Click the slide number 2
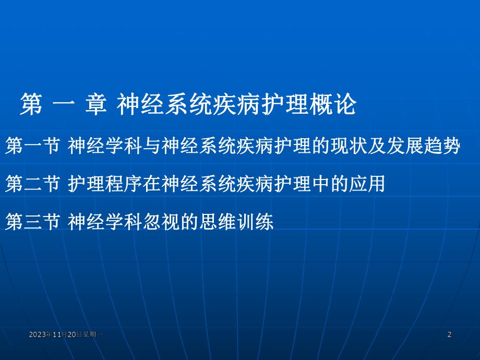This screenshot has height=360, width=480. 450,334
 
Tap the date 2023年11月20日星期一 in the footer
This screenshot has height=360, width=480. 66,334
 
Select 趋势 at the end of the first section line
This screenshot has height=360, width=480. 446,146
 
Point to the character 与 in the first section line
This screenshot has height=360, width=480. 152,146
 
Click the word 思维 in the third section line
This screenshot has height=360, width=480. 224,223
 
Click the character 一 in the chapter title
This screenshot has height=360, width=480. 63,105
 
